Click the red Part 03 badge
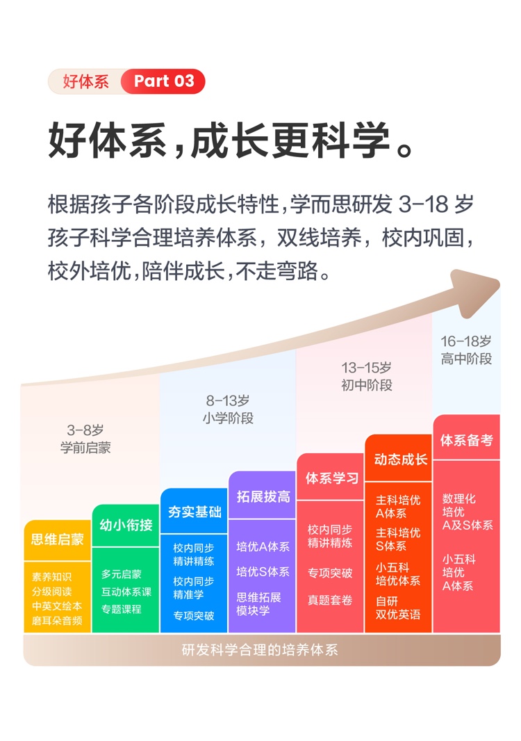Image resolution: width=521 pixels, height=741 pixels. pyautogui.click(x=164, y=81)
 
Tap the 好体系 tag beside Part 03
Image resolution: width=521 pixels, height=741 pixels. pyautogui.click(x=85, y=81)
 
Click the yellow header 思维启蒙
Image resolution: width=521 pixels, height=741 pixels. pyautogui.click(x=58, y=539)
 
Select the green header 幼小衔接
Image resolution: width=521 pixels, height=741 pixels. pyautogui.click(x=126, y=524)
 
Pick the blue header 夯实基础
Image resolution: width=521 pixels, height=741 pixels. pyautogui.click(x=195, y=512)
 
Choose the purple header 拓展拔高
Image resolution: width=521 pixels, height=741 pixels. pyautogui.click(x=263, y=496)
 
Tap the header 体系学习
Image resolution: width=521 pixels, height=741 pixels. pyautogui.click(x=331, y=478)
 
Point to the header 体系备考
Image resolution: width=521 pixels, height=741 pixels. pyautogui.click(x=467, y=440)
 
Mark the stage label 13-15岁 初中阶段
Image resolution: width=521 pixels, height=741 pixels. pyautogui.click(x=366, y=375)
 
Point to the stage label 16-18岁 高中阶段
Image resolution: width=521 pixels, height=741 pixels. pyautogui.click(x=466, y=350)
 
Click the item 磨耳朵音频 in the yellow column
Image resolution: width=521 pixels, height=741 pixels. pyautogui.click(x=58, y=620)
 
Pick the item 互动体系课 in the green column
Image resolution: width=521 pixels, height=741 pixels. pyautogui.click(x=126, y=592)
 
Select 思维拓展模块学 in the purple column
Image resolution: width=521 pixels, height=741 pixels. pyautogui.click(x=259, y=603)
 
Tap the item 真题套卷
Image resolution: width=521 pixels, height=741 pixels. pyautogui.click(x=330, y=599)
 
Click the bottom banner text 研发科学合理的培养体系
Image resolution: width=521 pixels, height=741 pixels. pyautogui.click(x=260, y=650)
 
